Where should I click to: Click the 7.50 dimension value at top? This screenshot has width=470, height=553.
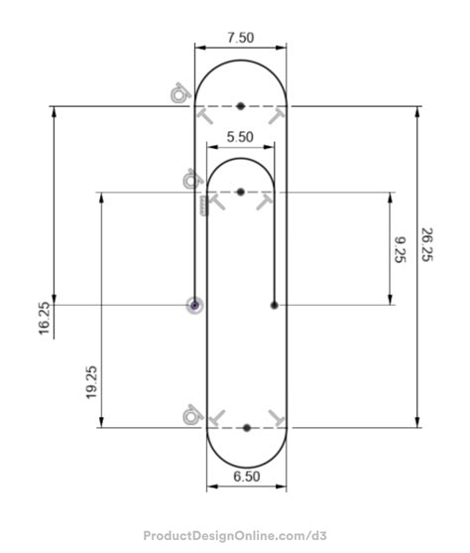click(x=240, y=38)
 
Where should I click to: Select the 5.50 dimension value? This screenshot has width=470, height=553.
click(x=240, y=137)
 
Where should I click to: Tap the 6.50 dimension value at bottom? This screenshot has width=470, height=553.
click(x=247, y=477)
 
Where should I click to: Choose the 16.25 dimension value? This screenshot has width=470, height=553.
click(x=45, y=320)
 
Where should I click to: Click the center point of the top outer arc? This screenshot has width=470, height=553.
click(x=241, y=104)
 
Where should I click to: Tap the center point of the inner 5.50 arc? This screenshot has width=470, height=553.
click(x=240, y=191)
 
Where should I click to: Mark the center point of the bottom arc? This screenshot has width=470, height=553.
click(x=247, y=428)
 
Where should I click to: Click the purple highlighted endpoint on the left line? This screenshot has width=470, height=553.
click(x=195, y=304)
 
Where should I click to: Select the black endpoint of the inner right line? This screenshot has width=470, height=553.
click(x=274, y=304)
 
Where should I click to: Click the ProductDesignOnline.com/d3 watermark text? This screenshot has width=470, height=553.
click(x=235, y=536)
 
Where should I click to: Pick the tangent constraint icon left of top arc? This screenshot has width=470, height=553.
click(x=179, y=93)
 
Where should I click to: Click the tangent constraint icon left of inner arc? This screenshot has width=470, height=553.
click(x=190, y=180)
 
